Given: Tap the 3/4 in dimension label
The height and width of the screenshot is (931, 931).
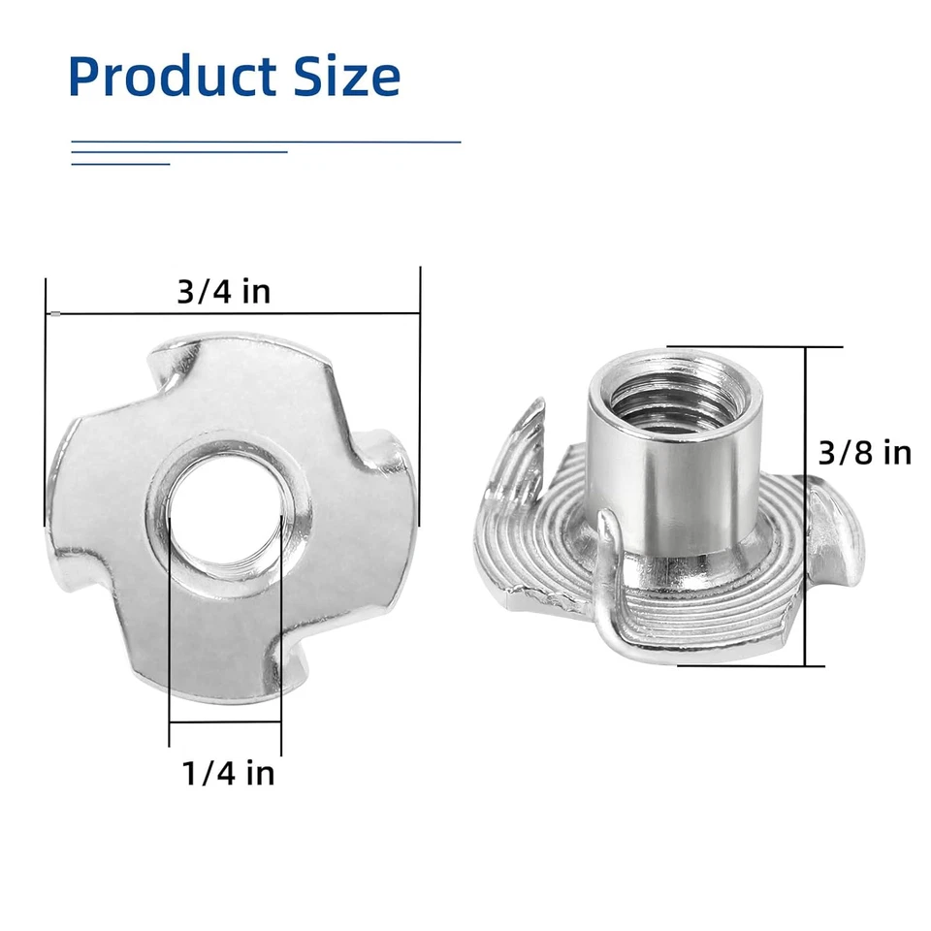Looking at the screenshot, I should tap(223, 291).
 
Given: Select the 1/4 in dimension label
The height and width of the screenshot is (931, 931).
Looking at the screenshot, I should tap(228, 773).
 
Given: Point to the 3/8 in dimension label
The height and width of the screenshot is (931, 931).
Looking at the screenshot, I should tap(864, 452).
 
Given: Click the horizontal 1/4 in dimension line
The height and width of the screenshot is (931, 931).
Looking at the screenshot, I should tap(225, 722).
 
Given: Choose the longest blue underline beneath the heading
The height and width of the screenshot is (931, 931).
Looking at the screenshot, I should tap(266, 142).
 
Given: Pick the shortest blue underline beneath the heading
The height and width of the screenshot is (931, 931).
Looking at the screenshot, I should tap(120, 164).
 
